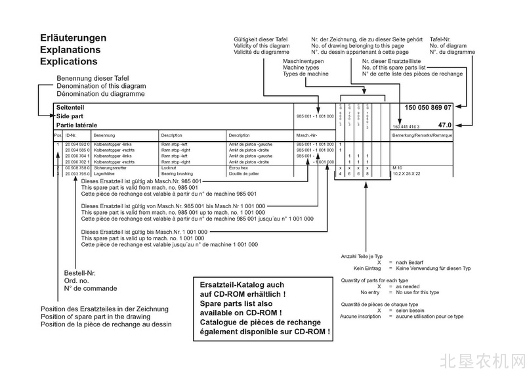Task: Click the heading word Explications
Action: [68, 61]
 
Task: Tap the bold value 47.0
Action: [445, 124]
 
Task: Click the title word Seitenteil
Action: [70, 106]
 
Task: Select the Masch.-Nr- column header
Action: [306, 135]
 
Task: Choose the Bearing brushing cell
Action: [177, 173]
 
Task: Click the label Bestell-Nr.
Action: [79, 273]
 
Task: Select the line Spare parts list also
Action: [235, 304]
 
